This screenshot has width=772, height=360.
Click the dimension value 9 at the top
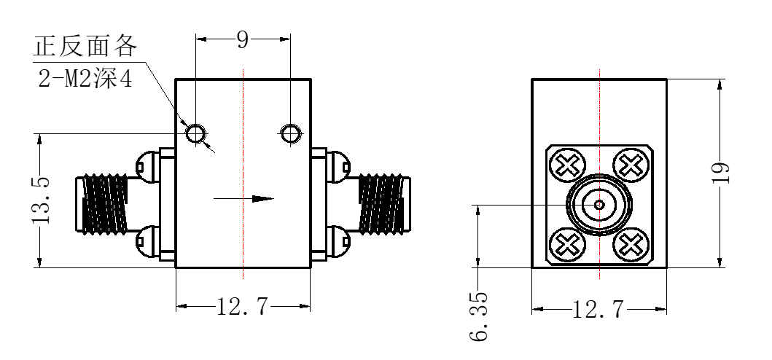(243, 39)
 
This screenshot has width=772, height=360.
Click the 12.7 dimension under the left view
(243, 308)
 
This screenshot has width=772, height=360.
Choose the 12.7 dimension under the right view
(599, 310)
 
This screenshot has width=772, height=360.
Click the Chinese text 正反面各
(85, 47)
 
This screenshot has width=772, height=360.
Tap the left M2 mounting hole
(195, 133)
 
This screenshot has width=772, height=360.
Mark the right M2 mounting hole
(290, 133)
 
